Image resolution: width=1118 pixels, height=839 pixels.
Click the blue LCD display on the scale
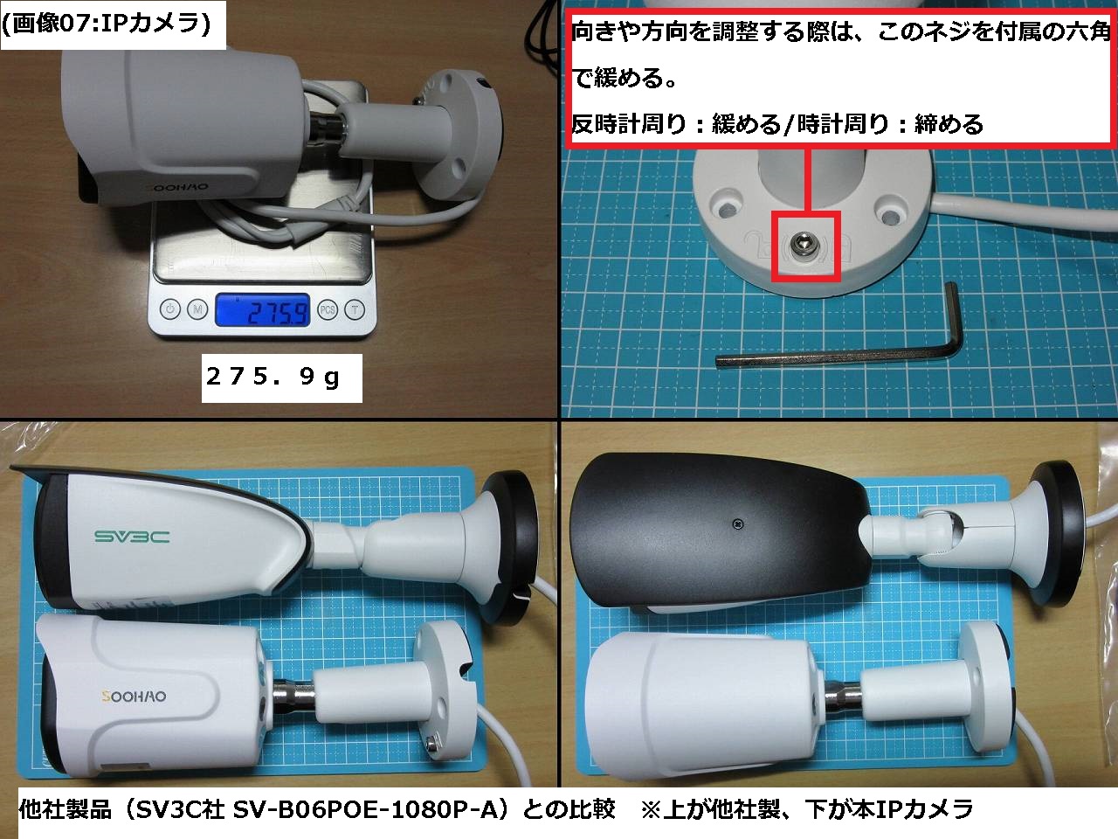(262, 310)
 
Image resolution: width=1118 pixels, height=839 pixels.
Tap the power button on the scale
(170, 309)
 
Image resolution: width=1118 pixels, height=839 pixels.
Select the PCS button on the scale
(328, 309)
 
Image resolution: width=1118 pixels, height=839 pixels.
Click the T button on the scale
(355, 309)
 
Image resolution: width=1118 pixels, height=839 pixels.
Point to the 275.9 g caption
(273, 377)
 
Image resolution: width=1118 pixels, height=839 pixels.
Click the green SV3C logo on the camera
(132, 537)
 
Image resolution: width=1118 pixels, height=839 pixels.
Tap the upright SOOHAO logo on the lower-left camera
(134, 697)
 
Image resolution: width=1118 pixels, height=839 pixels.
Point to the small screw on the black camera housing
(739, 524)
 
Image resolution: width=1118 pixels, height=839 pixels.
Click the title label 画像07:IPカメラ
(107, 24)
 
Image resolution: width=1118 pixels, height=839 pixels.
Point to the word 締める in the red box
(949, 124)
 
